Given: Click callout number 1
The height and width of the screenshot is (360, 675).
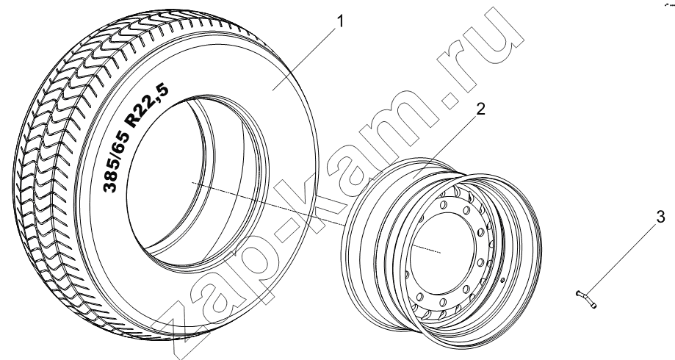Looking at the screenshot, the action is tap(340, 21).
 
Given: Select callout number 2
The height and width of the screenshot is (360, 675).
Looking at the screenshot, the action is tap(480, 109).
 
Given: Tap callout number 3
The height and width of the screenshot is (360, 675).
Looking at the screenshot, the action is tap(661, 217).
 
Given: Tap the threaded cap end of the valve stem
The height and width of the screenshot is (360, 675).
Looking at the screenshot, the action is tap(594, 306).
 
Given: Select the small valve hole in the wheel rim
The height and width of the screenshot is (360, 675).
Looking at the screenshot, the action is tap(503, 281).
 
